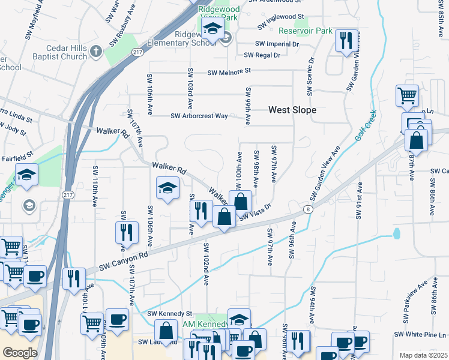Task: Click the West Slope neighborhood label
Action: [292, 110]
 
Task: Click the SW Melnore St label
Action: [228, 72]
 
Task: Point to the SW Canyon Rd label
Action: [124, 260]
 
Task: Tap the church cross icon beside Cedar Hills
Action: [96, 51]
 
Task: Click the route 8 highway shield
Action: [308, 209]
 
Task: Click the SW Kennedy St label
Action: [169, 314]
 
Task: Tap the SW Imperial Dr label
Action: [277, 44]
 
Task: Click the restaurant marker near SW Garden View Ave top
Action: [345, 40]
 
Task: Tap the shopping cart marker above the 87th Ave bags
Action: [407, 95]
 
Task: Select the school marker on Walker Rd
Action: [167, 187]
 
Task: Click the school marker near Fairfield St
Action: [26, 175]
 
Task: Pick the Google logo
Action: [20, 352]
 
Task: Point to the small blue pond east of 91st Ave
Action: [396, 233]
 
